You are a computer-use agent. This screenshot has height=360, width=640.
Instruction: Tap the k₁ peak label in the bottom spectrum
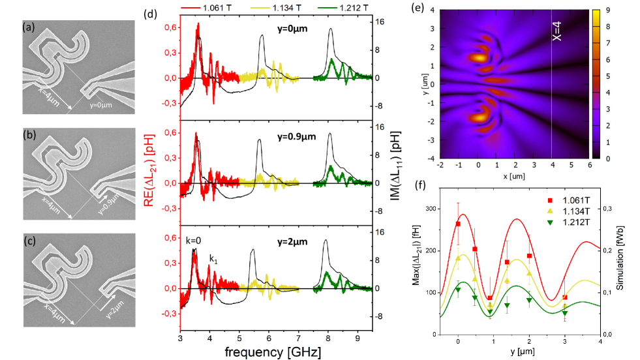[x=213, y=259]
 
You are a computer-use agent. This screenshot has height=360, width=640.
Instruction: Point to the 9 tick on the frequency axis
[x=357, y=337]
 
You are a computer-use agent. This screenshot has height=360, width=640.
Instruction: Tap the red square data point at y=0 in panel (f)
[x=458, y=224]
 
